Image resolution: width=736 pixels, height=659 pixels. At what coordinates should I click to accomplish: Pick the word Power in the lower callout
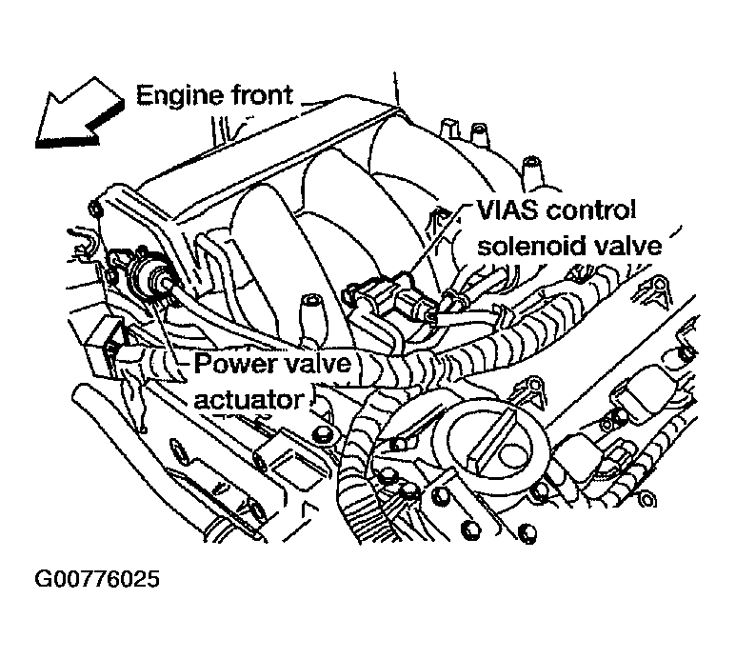(x=232, y=363)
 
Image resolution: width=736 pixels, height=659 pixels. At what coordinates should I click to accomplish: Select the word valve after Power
(x=315, y=363)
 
